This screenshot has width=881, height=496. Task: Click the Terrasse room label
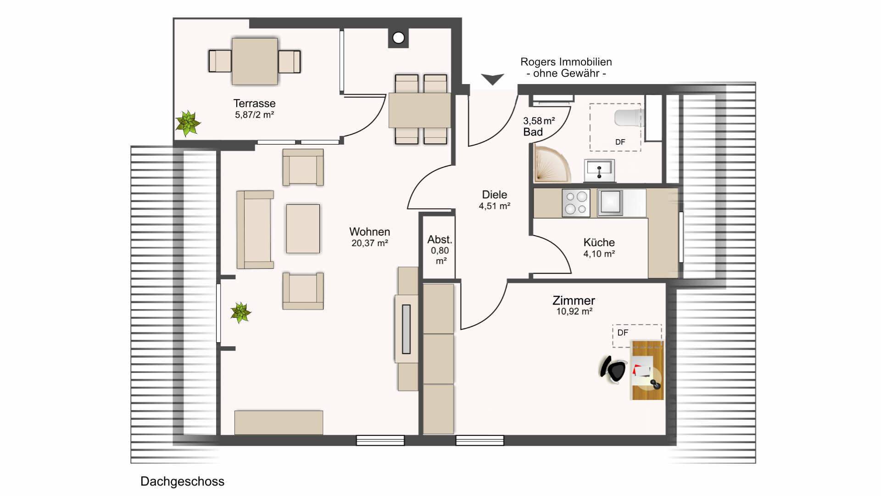[254, 103]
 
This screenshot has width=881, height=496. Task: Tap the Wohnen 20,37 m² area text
[370, 243]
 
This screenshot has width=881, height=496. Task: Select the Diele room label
[495, 194]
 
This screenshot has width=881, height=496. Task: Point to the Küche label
[599, 242]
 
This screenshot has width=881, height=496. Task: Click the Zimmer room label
[574, 300]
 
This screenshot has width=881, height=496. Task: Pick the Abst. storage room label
[440, 239]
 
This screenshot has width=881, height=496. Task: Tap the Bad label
[533, 132]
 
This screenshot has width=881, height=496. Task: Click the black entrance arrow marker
[492, 79]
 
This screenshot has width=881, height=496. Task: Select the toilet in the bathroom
[628, 117]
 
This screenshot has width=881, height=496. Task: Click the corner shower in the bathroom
[551, 163]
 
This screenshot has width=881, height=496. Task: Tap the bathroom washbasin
[599, 170]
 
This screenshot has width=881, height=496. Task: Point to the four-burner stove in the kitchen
[576, 203]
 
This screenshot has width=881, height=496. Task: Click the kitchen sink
[610, 203]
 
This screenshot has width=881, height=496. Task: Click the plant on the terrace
[188, 123]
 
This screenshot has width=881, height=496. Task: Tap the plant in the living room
[240, 312]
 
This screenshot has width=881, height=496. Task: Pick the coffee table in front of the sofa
[303, 229]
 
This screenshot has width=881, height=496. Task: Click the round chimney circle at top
[398, 38]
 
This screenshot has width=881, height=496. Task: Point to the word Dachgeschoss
[182, 481]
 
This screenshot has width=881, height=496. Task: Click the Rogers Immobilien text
[566, 62]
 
